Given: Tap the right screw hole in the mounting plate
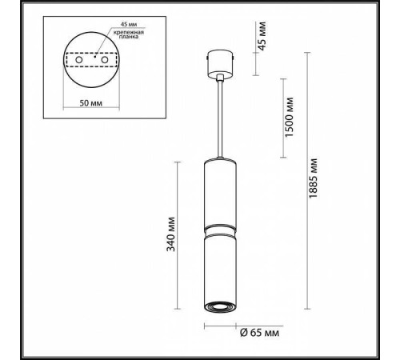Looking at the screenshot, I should pyautogui.click(x=105, y=59).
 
